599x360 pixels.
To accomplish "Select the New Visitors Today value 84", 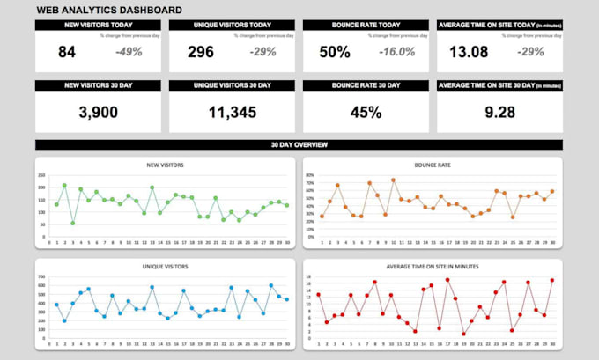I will point(67,52).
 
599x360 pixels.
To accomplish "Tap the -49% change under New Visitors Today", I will point(129,52).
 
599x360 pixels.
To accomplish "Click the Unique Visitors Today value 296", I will point(201,52).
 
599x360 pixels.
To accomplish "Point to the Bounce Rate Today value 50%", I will point(335,52).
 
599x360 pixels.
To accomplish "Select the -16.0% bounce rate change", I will point(396,52).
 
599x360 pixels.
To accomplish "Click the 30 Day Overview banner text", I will point(299,144).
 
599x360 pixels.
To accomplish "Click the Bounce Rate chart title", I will point(432,165).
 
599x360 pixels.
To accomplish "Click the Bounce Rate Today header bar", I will point(365,26).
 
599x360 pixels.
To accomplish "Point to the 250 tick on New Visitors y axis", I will point(41,176).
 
